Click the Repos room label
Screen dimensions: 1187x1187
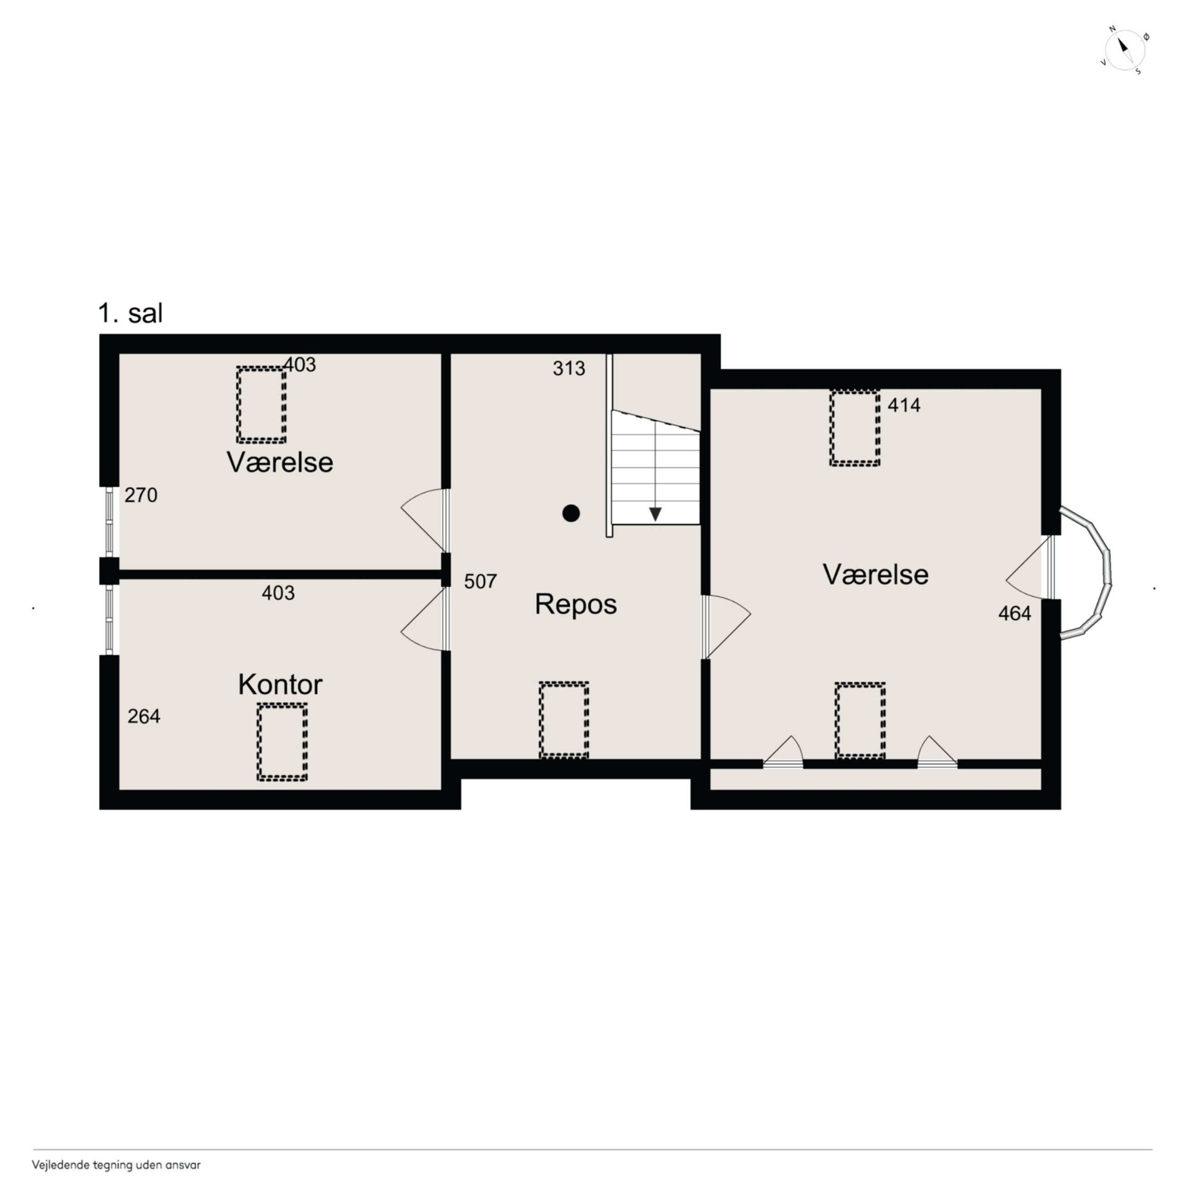coord(575,604)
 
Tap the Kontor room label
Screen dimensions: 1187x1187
coord(280,684)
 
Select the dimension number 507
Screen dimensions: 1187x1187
coord(480,581)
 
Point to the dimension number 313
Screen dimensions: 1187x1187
coord(568,368)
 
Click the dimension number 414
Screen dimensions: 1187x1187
coord(904,405)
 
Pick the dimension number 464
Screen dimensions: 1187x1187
coord(1014,613)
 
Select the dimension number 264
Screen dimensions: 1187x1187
coord(144,716)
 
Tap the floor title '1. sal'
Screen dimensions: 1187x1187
coord(130,313)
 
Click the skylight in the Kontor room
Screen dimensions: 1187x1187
coord(282,742)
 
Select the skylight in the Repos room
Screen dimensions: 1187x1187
coord(564,720)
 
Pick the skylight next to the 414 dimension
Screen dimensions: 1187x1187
coord(855,428)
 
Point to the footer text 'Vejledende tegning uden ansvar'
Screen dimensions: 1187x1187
coord(116,1164)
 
